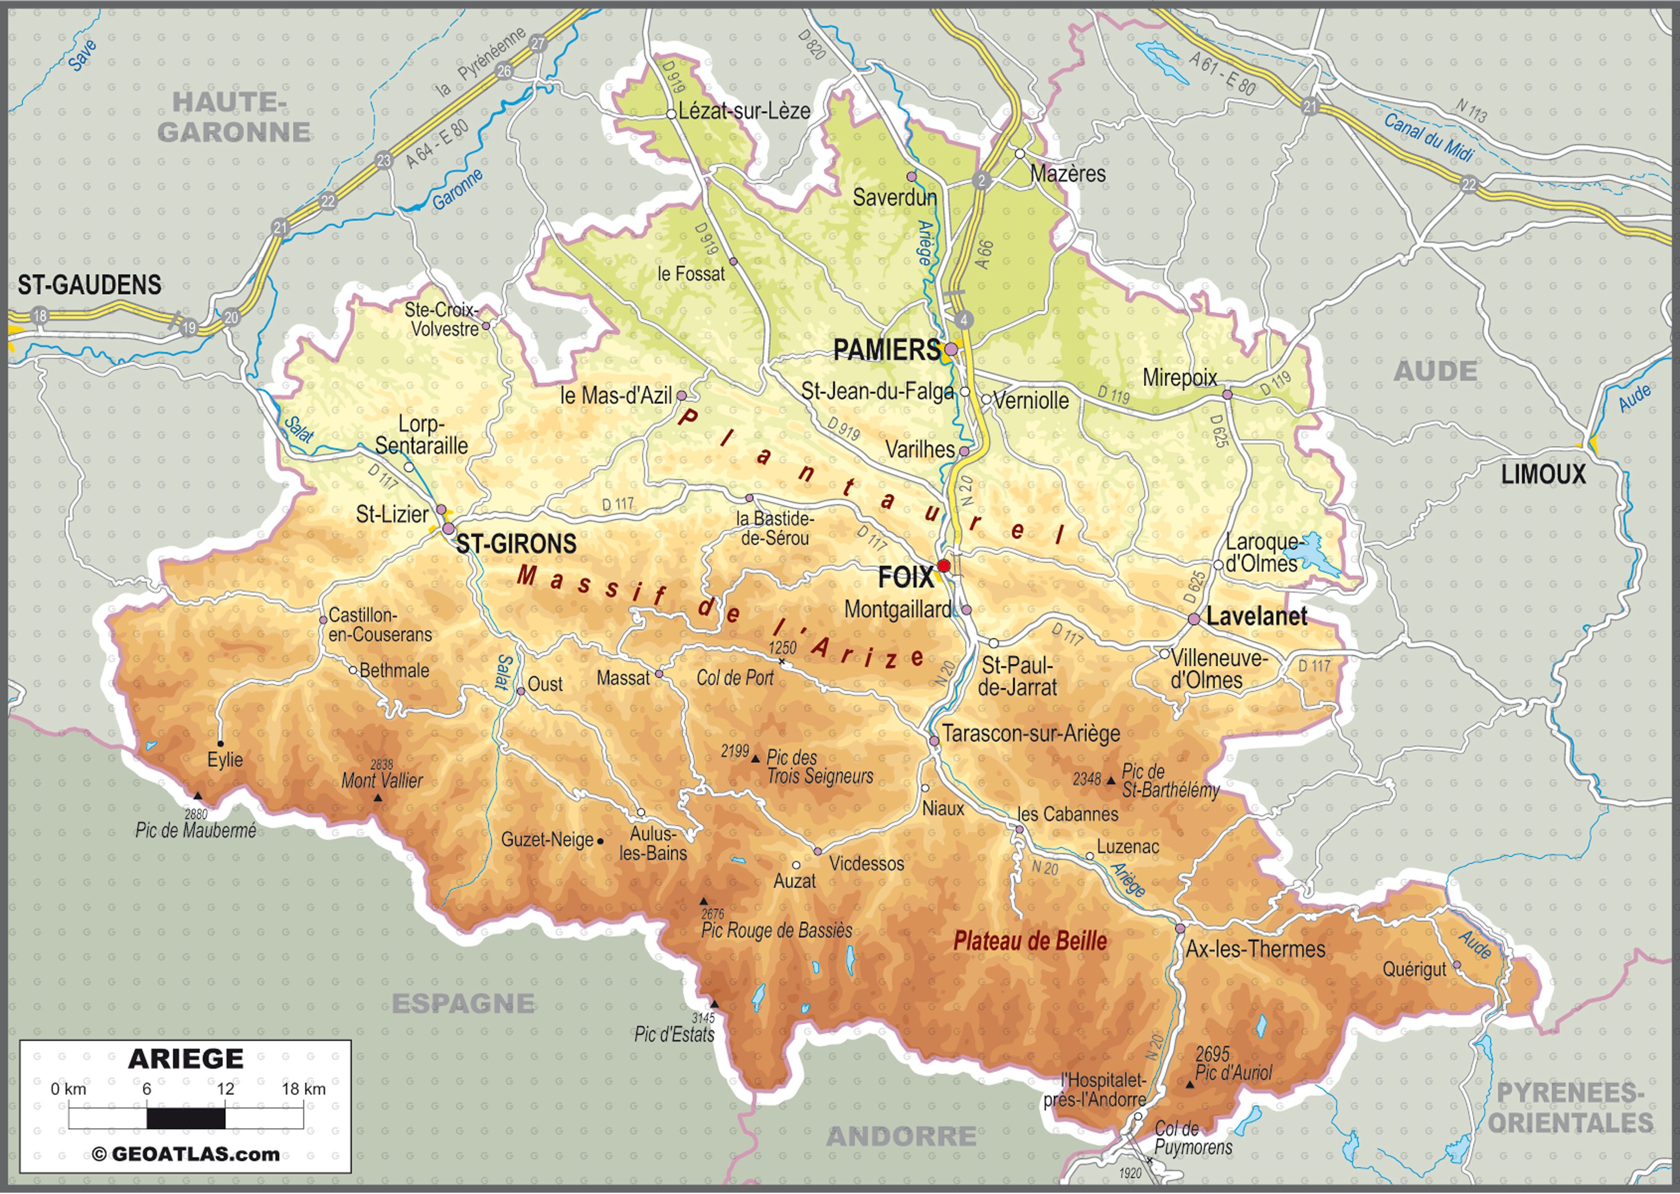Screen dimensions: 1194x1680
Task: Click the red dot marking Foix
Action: point(944,565)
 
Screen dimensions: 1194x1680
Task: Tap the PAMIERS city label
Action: point(886,350)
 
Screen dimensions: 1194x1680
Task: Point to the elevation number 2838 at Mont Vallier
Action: point(382,765)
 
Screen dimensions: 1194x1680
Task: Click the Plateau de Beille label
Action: point(1029,941)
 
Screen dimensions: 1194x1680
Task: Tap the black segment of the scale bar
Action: point(186,1118)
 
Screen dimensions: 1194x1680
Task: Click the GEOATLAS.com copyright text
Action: point(186,1154)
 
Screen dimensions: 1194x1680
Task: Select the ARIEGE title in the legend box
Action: point(185,1059)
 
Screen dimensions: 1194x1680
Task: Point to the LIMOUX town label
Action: point(1542,475)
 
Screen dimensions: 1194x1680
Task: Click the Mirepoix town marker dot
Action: point(1227,395)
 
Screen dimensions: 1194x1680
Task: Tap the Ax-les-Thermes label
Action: point(1255,949)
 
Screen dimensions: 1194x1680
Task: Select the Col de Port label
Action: point(735,678)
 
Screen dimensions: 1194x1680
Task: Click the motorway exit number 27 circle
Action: point(538,43)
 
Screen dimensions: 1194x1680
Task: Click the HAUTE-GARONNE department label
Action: point(233,118)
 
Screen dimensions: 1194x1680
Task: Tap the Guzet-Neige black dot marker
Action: point(601,841)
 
